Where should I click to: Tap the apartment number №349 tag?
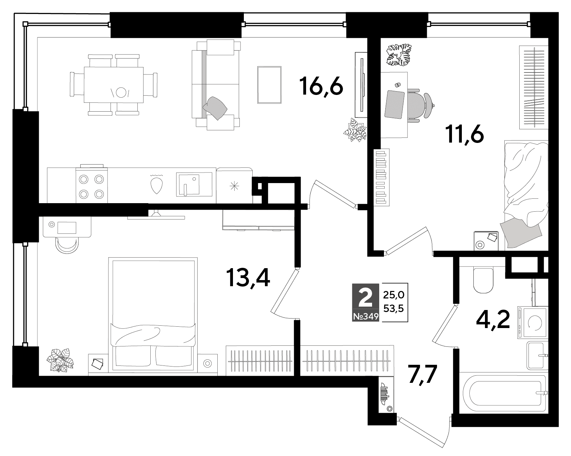click(366, 317)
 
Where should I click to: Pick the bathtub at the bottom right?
click(502, 392)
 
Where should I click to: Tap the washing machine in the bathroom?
click(532, 323)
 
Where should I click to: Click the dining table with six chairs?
click(114, 84)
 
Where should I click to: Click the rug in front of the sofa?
click(269, 84)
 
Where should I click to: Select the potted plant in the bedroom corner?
click(60, 360)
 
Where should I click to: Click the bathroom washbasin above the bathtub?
click(537, 356)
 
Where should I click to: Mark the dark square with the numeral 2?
click(366, 298)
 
